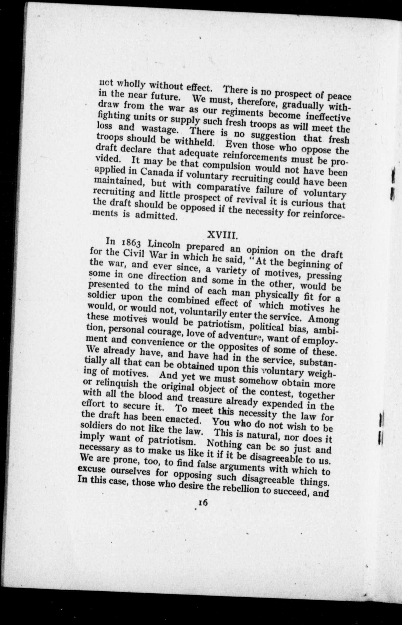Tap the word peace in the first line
[339, 97]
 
